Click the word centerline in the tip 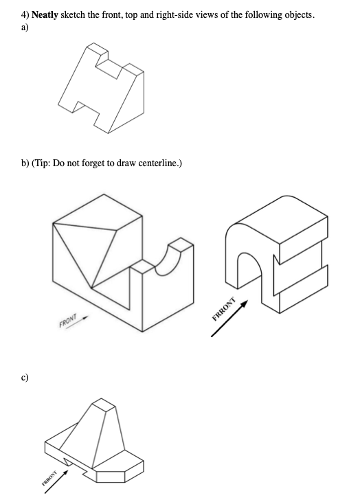[x=157, y=163]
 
